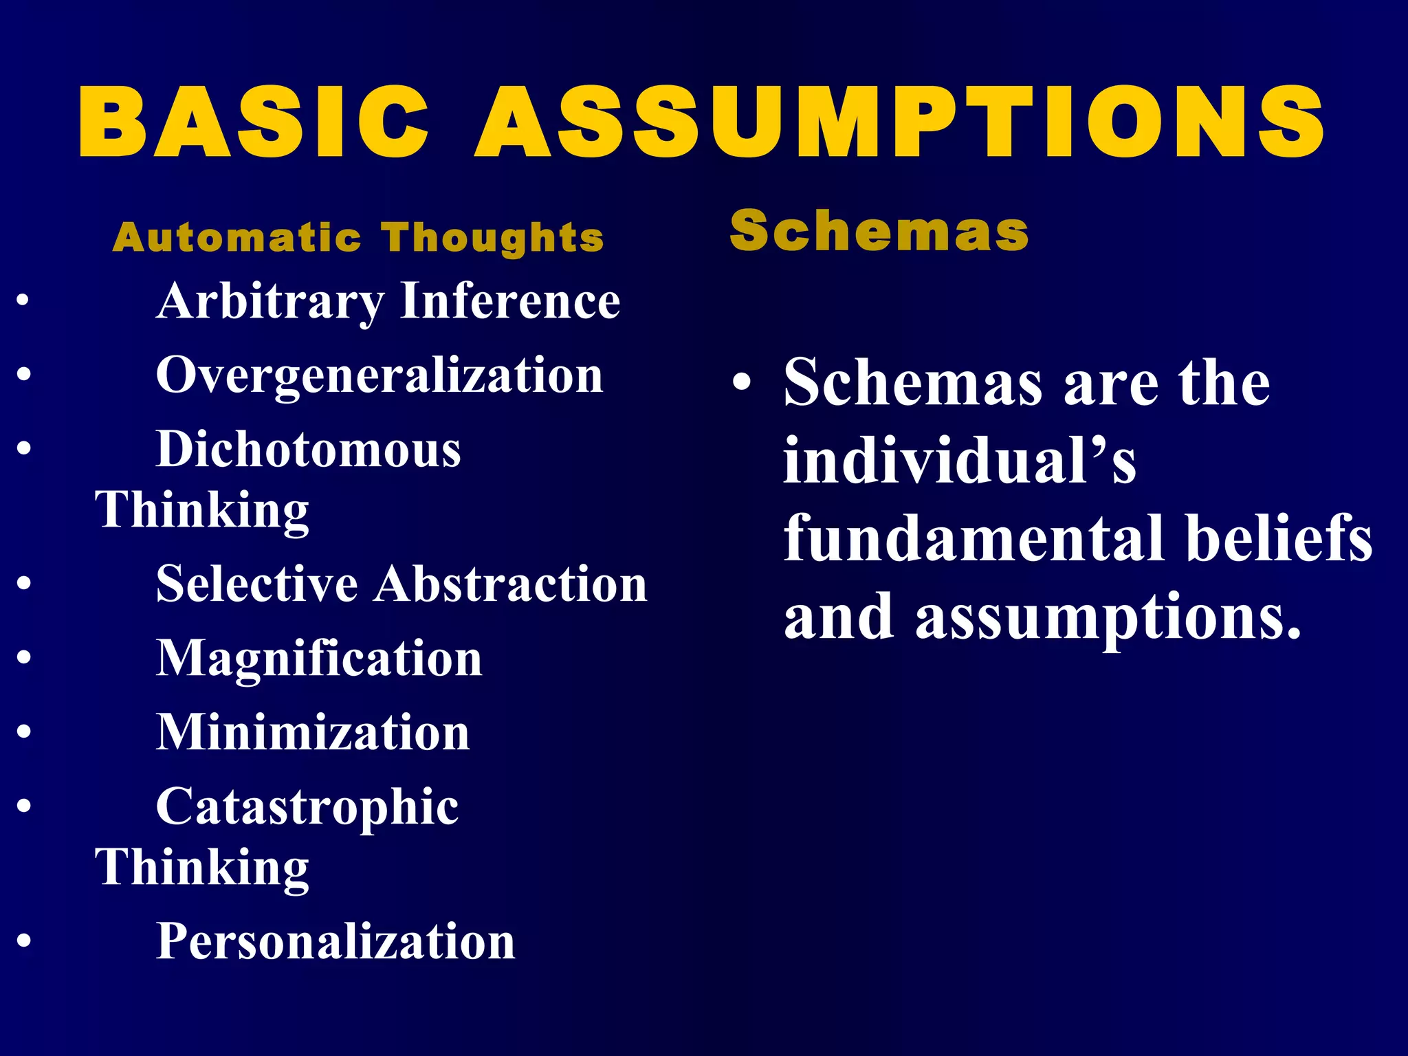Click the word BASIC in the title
click(x=254, y=124)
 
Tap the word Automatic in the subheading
click(x=237, y=238)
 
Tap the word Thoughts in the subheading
click(x=494, y=238)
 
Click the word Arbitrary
click(x=270, y=302)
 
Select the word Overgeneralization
click(x=379, y=377)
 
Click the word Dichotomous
click(x=309, y=450)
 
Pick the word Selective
click(x=256, y=584)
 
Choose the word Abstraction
click(x=510, y=584)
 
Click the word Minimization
click(x=313, y=732)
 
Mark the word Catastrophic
click(x=307, y=808)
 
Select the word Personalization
click(x=335, y=941)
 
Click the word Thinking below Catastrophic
click(x=202, y=868)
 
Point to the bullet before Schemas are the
click(x=740, y=382)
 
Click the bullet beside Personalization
click(x=24, y=940)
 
